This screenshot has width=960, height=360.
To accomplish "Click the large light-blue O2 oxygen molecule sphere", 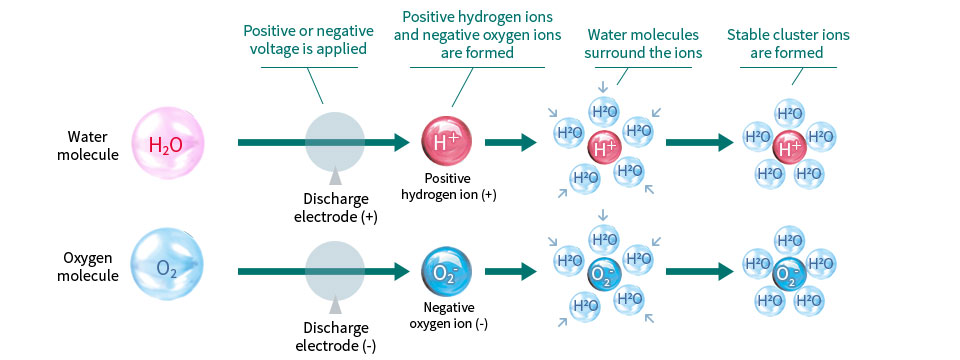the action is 168,268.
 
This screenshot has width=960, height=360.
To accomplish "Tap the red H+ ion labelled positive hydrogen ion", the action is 446,142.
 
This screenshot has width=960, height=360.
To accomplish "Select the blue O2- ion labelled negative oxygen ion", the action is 446,271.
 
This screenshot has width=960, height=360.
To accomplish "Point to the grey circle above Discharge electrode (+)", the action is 335,142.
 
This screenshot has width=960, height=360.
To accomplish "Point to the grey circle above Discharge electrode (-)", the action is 335,271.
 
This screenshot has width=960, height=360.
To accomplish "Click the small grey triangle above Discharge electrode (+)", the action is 335,178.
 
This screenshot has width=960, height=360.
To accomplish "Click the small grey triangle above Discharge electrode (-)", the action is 335,306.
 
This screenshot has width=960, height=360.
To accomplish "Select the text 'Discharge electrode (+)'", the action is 336,208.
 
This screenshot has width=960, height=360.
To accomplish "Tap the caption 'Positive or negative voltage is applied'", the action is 309,40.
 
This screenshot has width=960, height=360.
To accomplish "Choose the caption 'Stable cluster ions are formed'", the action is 788,43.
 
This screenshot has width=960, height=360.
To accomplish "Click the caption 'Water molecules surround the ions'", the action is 643,43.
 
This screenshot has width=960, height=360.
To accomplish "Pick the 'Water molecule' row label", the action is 88,144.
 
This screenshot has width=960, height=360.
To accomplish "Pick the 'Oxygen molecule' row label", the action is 88,268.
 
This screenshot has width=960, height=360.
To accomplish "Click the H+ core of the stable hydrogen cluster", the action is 788,147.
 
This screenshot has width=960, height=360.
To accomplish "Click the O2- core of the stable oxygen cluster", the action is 788,275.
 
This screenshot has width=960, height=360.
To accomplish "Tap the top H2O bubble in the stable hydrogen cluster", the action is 789,113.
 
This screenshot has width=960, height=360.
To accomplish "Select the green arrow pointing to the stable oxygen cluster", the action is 699,271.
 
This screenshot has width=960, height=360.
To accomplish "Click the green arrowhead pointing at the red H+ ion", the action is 402,142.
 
